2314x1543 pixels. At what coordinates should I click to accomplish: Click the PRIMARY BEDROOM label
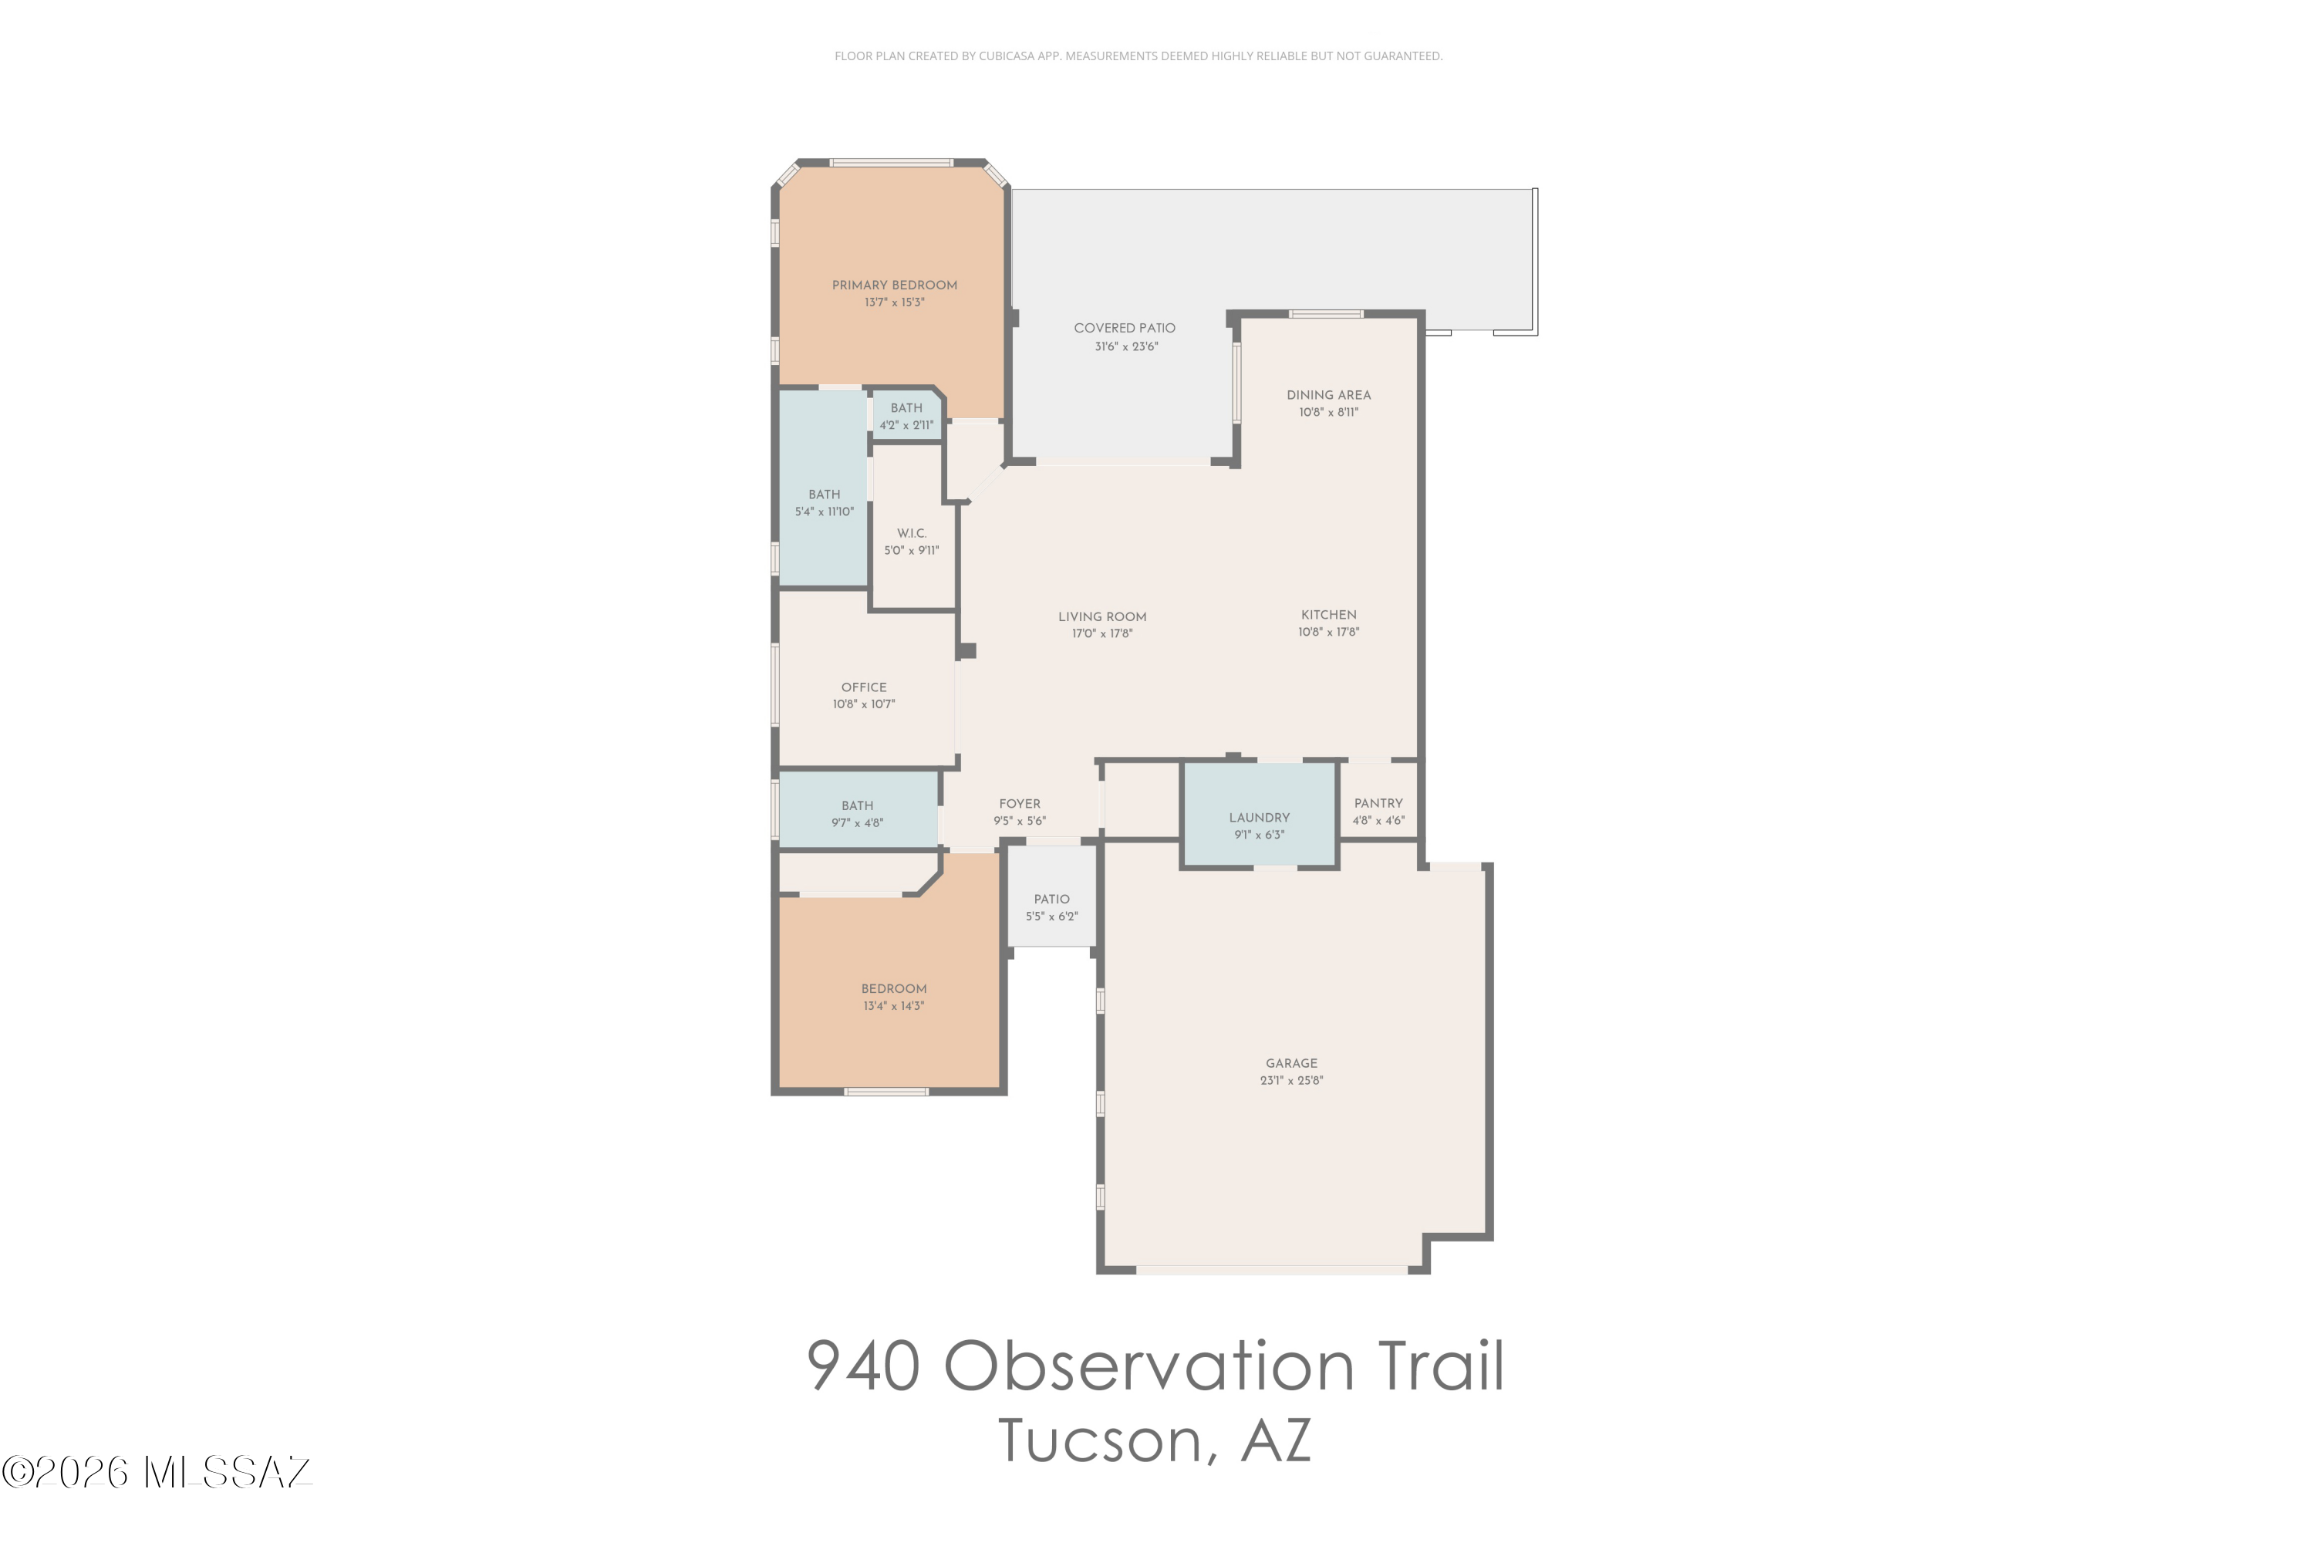coord(894,285)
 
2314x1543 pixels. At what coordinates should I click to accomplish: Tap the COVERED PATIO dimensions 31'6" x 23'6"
coord(1125,346)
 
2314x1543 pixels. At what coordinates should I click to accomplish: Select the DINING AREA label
coord(1328,394)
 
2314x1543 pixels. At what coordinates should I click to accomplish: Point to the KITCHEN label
coord(1328,615)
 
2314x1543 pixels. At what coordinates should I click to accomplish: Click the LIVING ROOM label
coord(1102,617)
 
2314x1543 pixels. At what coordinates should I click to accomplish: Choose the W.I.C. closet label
coord(911,533)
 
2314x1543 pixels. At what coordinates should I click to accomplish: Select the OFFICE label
coord(864,688)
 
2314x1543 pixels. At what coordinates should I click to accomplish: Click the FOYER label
coord(1019,804)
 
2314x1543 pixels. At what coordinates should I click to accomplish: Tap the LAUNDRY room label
coord(1258,818)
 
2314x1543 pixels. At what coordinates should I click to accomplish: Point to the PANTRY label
coord(1378,803)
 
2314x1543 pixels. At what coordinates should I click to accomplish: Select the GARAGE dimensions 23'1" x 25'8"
coord(1290,1081)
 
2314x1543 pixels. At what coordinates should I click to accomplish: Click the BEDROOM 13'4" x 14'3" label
coord(893,989)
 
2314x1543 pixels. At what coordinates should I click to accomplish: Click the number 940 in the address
coord(863,1366)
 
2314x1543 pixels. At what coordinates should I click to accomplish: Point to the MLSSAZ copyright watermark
coord(157,1473)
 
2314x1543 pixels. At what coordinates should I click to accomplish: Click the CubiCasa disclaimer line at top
coord(1138,56)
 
